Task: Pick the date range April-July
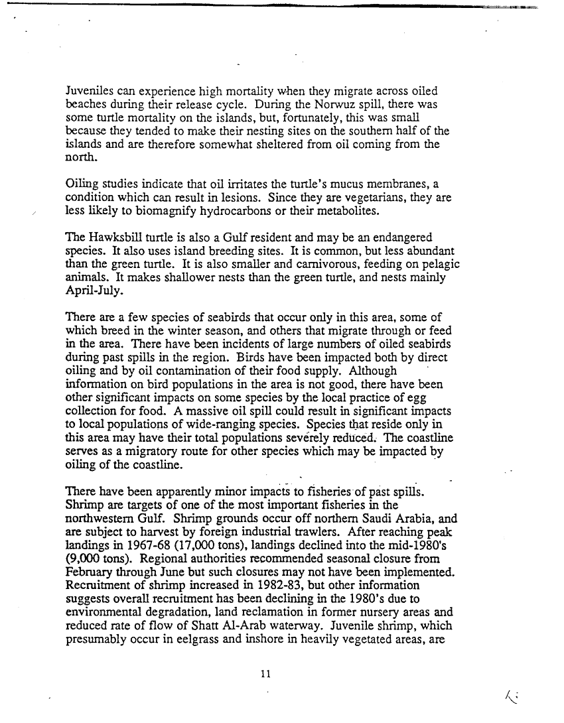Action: [96, 291]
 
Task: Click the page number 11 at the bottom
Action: [265, 674]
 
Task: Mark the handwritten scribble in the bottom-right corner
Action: [511, 696]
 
